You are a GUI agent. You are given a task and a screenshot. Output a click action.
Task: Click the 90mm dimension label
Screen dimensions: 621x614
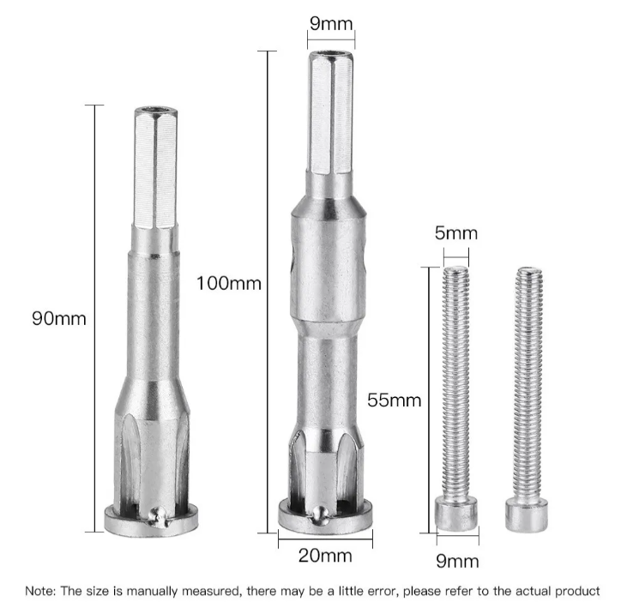(x=59, y=319)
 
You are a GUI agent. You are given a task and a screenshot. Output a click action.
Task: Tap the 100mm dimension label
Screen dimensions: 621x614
(x=229, y=284)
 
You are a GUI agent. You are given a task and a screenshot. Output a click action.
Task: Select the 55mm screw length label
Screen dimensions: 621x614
(x=394, y=400)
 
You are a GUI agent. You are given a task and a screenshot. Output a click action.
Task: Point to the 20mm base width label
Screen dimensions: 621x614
(x=325, y=556)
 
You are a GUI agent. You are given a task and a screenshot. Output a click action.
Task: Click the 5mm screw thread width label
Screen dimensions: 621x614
(x=456, y=232)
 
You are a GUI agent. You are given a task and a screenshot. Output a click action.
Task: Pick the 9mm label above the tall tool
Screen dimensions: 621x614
(x=331, y=23)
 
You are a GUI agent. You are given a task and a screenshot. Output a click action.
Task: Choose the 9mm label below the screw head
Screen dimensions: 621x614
(x=457, y=561)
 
